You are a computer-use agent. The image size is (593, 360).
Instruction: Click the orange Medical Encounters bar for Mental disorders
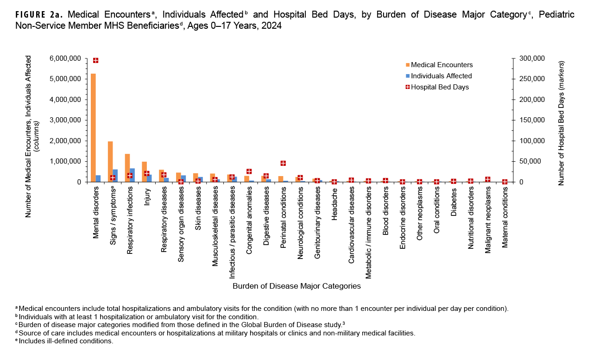pyautogui.click(x=93, y=127)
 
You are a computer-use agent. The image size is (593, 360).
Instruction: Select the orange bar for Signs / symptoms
pyautogui.click(x=110, y=162)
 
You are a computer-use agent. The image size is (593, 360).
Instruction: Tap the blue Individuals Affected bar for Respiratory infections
pyautogui.click(x=132, y=175)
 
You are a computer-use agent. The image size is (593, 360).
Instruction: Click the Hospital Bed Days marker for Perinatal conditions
pyautogui.click(x=283, y=163)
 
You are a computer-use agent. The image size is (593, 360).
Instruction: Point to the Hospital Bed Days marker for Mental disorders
pyautogui.click(x=95, y=60)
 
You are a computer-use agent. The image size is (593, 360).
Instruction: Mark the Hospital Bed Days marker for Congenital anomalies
pyautogui.click(x=249, y=171)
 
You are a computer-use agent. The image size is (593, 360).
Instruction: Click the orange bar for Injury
pyautogui.click(x=145, y=172)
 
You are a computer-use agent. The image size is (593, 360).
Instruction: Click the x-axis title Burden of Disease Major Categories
pyautogui.click(x=296, y=286)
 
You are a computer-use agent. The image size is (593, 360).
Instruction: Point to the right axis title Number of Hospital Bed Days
pyautogui.click(x=561, y=123)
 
